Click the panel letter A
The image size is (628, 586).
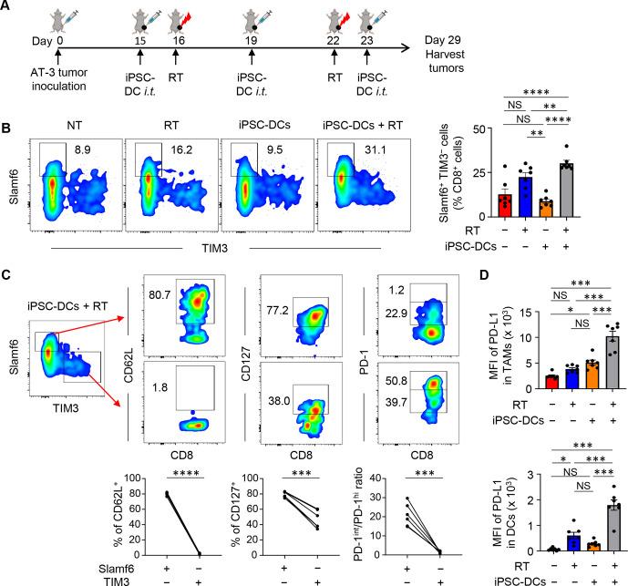point(8,8)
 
